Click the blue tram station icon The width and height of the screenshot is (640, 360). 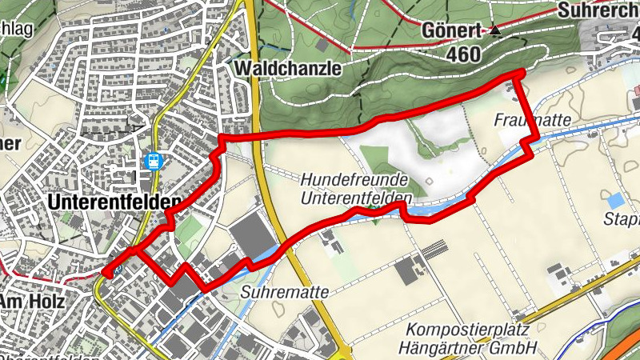(153, 161)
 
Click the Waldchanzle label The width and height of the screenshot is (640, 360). (289, 69)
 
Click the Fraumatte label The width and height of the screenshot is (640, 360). (531, 119)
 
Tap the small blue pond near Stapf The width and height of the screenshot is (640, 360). (614, 201)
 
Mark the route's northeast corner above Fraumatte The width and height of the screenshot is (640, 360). (520, 74)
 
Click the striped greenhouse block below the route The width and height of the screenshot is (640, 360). (434, 250)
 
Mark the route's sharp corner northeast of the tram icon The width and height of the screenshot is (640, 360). (221, 141)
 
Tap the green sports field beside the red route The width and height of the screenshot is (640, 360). (189, 232)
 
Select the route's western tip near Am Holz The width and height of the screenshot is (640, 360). (106, 273)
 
